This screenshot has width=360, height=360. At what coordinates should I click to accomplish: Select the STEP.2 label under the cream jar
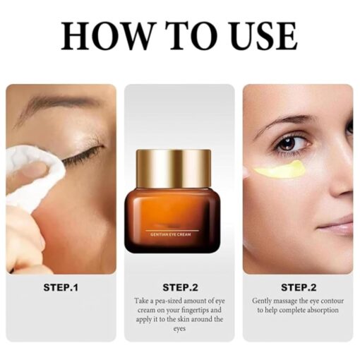click(179, 287)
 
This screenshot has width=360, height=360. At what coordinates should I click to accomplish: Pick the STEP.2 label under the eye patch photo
click(298, 287)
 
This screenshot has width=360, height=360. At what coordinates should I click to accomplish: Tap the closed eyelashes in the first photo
click(81, 155)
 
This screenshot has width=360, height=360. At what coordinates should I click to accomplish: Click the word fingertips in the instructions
click(196, 310)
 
